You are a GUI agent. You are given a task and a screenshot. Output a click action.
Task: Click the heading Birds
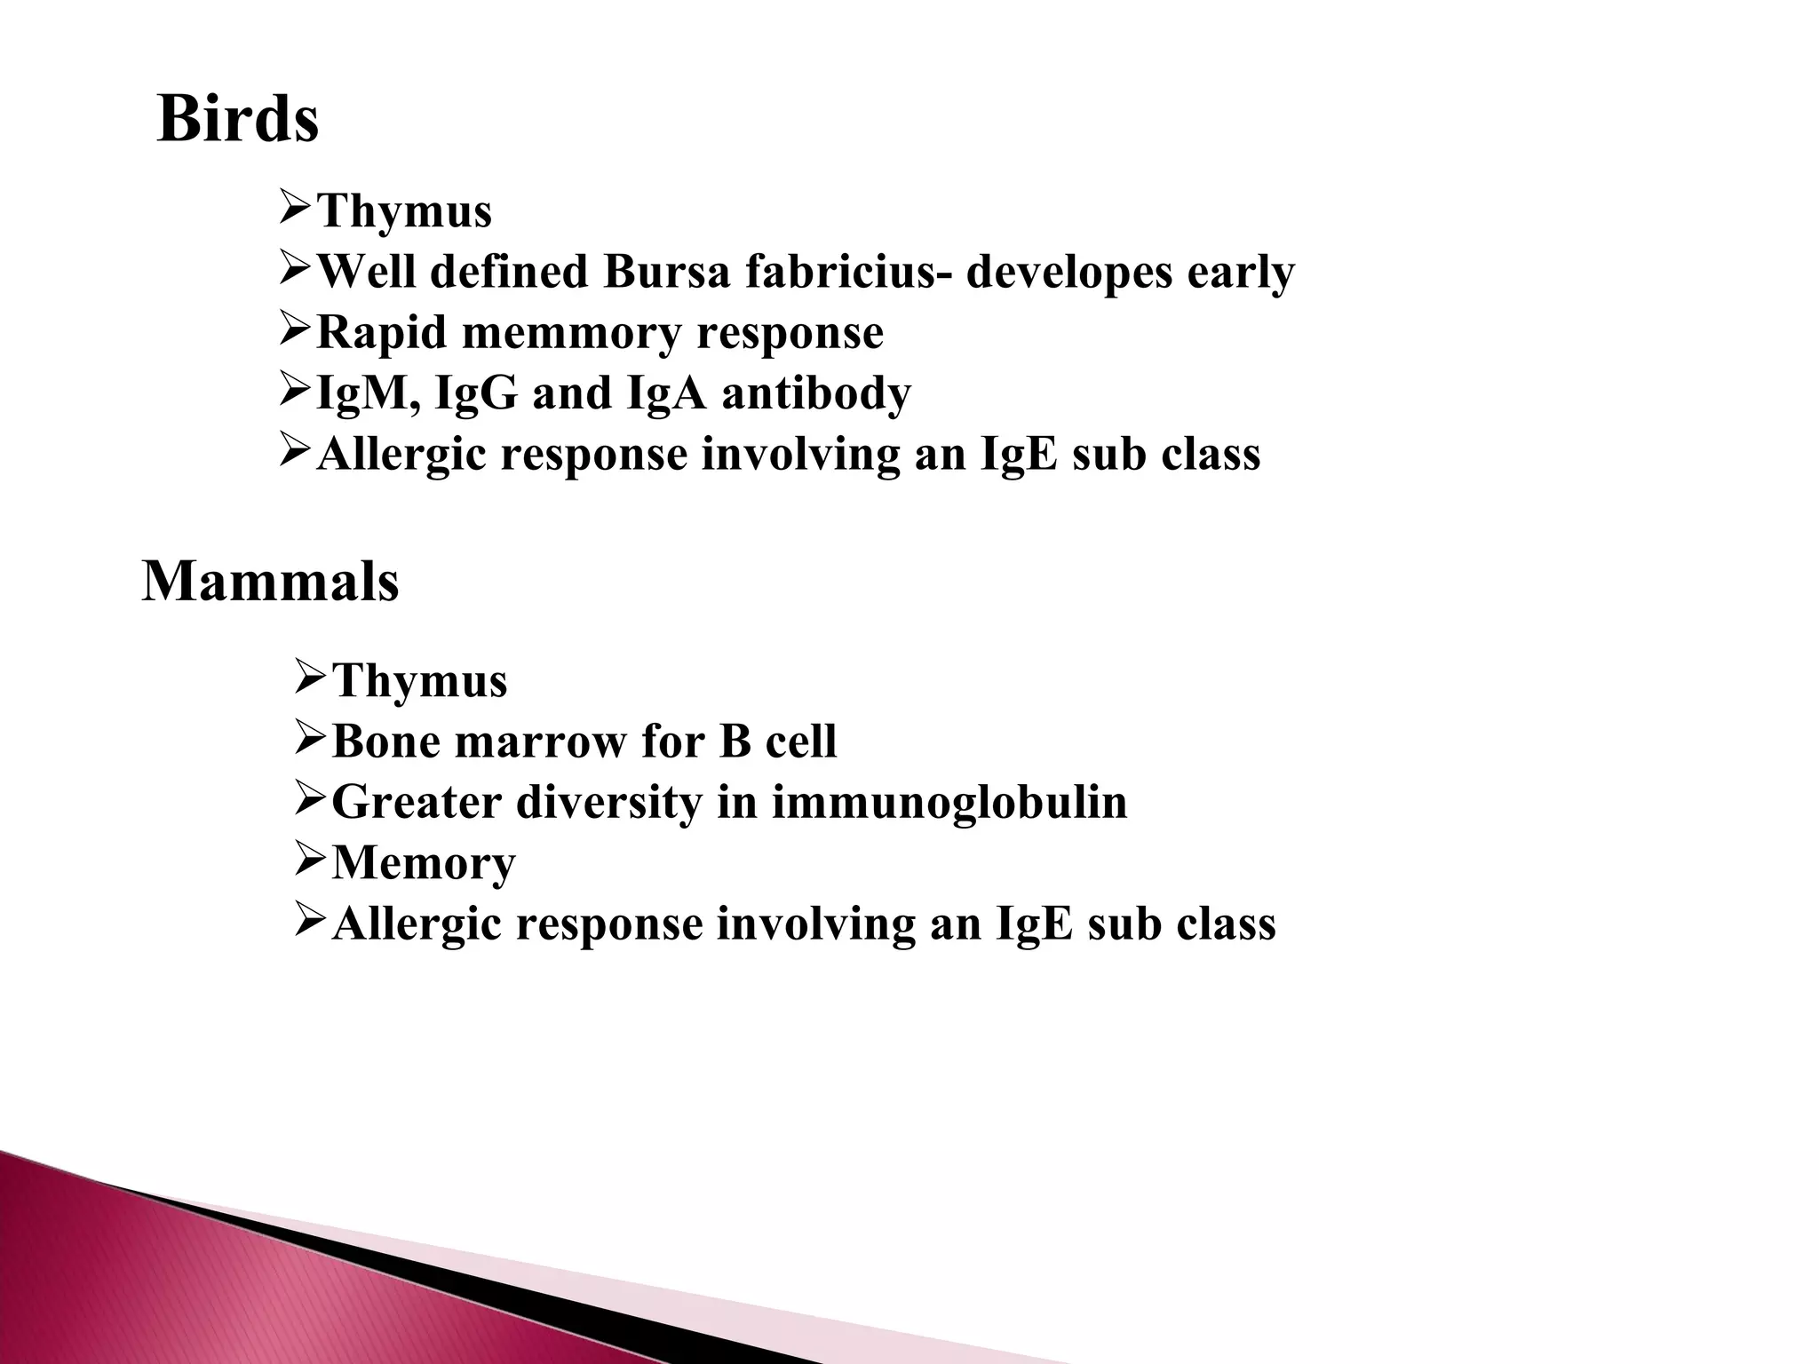(237, 119)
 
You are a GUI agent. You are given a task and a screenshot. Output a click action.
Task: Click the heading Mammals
(270, 582)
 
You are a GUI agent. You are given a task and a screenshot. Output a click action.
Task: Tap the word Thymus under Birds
(404, 212)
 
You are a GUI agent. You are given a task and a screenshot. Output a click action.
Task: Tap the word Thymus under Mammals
(419, 682)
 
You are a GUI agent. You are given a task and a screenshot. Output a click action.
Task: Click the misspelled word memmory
(572, 333)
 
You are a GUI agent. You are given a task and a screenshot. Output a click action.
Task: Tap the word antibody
(816, 393)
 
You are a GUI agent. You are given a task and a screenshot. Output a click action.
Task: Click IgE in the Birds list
(1020, 455)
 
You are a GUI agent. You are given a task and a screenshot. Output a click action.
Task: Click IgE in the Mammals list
(1035, 924)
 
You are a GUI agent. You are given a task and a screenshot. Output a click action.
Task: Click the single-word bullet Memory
(423, 863)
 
